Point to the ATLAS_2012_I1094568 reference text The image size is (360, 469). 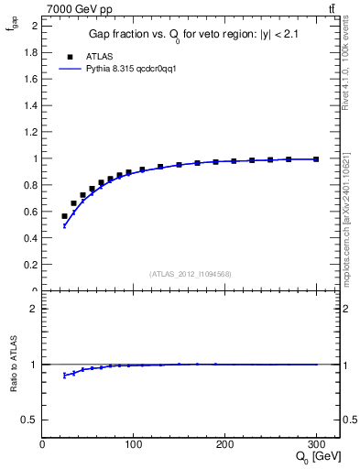point(190,274)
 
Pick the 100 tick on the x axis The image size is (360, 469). point(134,444)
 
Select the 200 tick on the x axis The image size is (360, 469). point(224,444)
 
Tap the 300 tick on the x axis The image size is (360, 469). point(316,444)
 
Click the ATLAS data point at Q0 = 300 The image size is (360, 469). point(316,159)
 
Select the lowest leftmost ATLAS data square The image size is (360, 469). point(64,216)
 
